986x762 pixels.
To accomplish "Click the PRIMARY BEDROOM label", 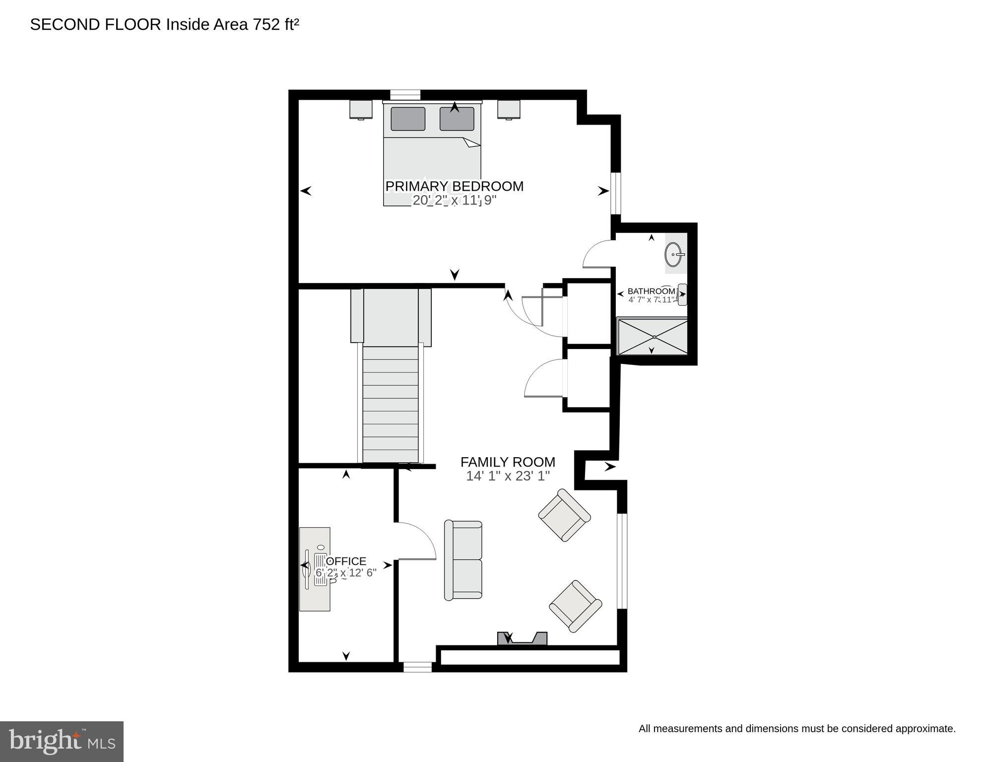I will tap(454, 186).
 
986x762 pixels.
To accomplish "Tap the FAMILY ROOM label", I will tap(508, 462).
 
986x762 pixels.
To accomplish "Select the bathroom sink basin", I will tap(674, 255).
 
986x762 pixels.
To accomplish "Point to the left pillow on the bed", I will tap(408, 119).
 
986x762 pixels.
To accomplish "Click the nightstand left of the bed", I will tap(361, 109).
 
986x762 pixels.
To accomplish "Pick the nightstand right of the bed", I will tap(509, 109).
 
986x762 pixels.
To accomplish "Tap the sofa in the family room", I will tap(463, 560).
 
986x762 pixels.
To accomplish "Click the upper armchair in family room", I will tap(564, 515).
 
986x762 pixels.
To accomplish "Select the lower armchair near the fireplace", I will tap(575, 606).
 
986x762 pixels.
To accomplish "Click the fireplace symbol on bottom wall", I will tap(522, 639).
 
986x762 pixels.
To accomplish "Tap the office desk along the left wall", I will tap(315, 569).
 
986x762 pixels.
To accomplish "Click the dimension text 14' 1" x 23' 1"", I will tap(508, 477).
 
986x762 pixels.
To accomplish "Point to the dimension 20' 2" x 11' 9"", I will tap(454, 201).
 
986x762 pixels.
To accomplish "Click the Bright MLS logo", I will tap(62, 741).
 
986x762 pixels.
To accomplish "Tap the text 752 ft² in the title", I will tap(276, 25).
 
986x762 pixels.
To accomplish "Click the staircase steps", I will tap(390, 405).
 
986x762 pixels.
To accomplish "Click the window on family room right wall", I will tap(622, 561).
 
